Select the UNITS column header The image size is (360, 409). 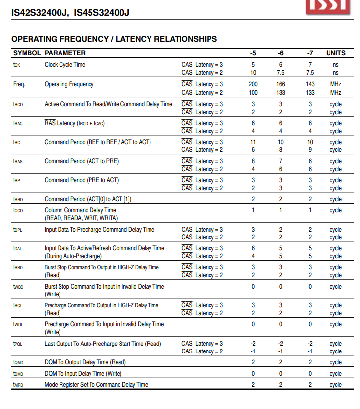pyautogui.click(x=335, y=53)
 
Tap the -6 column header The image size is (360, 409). pyautogui.click(x=280, y=53)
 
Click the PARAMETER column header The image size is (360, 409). pyautogui.click(x=65, y=53)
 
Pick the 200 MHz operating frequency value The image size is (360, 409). pyautogui.click(x=253, y=84)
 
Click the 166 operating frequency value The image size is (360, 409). pyautogui.click(x=280, y=84)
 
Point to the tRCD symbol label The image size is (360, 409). pyautogui.click(x=18, y=104)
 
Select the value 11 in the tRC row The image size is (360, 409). pyautogui.click(x=253, y=142)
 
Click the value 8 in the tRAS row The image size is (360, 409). pyautogui.click(x=253, y=161)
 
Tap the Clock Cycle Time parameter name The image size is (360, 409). pyautogui.click(x=64, y=65)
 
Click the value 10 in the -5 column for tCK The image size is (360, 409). pyautogui.click(x=253, y=73)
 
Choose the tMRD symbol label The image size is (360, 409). pyautogui.click(x=18, y=385)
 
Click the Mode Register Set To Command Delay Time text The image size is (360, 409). pyautogui.click(x=96, y=385)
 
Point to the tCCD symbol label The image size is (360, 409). pyautogui.click(x=18, y=210)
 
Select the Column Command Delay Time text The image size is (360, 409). pyautogui.click(x=80, y=210)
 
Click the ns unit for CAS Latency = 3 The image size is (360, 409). pyautogui.click(x=335, y=65)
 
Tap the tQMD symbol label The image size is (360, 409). pyautogui.click(x=18, y=362)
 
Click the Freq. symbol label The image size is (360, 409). pyautogui.click(x=19, y=84)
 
